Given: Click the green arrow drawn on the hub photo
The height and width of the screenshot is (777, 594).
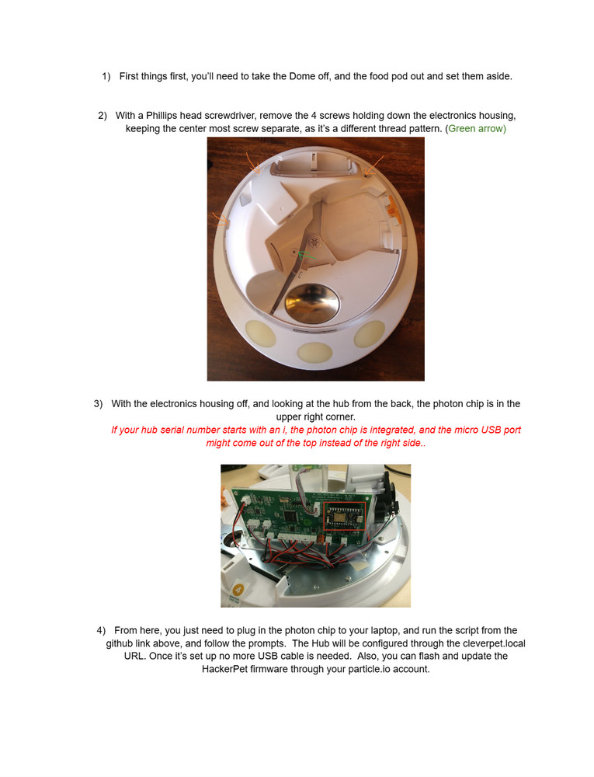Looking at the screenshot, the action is coord(306,256).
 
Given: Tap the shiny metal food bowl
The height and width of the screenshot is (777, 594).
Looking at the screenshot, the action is coord(312,301).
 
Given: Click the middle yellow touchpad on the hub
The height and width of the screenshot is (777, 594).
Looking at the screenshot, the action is coord(314,353).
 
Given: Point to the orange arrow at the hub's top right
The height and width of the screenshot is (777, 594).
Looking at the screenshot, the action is coord(373,165).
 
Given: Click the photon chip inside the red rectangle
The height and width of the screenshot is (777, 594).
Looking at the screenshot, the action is coord(343,516).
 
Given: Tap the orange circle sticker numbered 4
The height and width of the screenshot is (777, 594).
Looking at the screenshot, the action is coord(238,590).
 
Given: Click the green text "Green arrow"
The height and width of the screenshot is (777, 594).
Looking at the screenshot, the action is coord(475,129).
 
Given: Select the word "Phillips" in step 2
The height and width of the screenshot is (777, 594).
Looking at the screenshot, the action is coord(162,116).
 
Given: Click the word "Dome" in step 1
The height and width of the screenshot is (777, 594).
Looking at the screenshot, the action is coord(302,76).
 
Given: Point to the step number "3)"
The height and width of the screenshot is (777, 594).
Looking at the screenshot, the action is coord(98,404).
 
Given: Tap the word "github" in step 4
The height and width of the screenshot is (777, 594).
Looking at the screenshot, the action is coord(119,643).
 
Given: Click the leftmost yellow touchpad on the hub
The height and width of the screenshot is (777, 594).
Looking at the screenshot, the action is coord(260,333).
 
